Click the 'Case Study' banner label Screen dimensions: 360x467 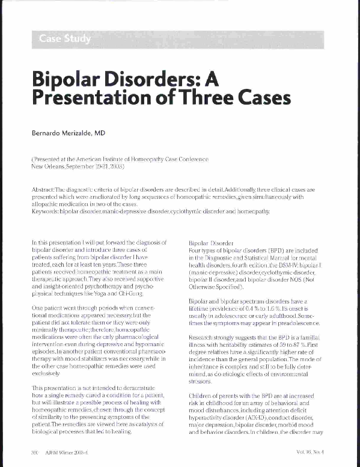point(65,40)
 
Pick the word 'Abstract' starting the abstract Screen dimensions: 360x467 point(43,189)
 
